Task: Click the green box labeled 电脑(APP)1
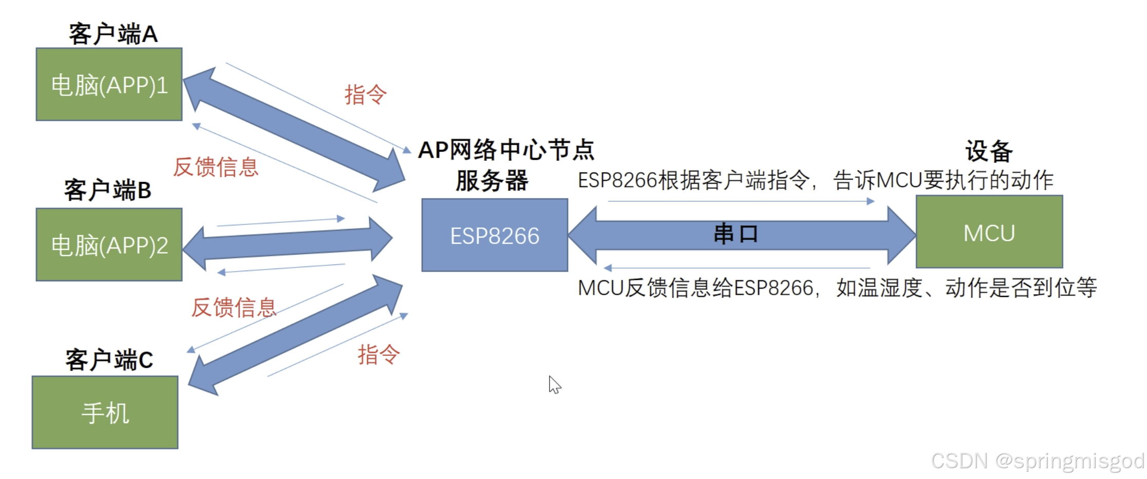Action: coord(109,85)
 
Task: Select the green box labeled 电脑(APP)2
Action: coord(109,245)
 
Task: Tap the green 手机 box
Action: coord(105,413)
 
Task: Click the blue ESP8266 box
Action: coord(495,235)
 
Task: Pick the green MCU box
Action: coord(989,232)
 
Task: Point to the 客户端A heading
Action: coord(113,34)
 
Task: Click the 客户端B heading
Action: coord(108,190)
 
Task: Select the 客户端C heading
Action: coord(109,359)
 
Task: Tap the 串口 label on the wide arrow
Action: coord(736,234)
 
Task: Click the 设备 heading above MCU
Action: coord(989,151)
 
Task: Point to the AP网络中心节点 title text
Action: coord(506,150)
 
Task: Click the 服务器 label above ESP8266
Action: coord(492,181)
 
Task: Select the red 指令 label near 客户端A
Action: coord(365,94)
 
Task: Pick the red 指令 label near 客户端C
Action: coord(379,354)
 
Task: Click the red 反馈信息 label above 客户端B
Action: coord(216,167)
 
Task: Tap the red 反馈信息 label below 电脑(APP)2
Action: coord(234,307)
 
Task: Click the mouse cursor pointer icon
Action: coord(554,384)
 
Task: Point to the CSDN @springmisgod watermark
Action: coord(1038,461)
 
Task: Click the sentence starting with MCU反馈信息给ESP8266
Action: coord(837,288)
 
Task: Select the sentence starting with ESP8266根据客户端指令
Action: coord(816,180)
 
